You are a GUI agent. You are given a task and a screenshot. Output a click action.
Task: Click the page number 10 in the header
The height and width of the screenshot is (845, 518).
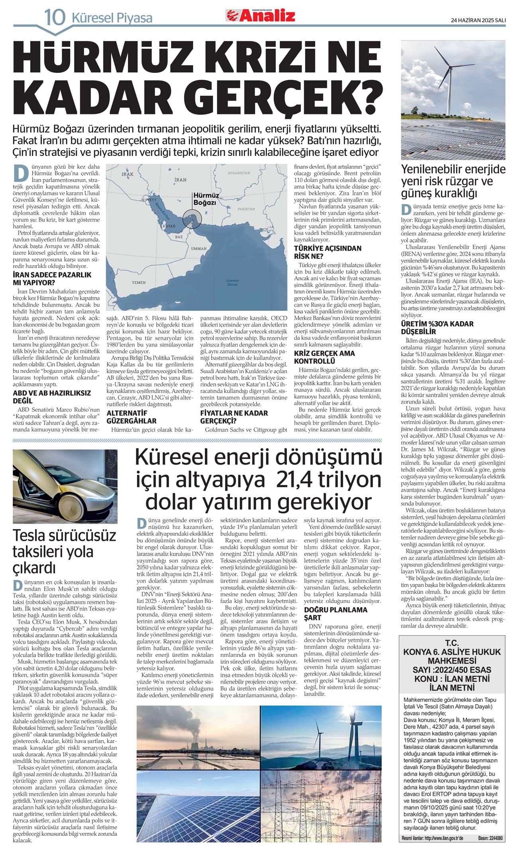click(55, 17)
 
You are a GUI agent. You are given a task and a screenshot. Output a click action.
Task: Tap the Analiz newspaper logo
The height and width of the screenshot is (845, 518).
click(261, 16)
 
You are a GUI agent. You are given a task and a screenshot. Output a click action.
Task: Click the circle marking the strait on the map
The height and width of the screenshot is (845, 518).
click(190, 219)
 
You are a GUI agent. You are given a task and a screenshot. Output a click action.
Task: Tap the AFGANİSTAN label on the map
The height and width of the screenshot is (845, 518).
click(239, 173)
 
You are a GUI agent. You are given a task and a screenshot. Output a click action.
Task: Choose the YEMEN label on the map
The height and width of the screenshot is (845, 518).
click(139, 282)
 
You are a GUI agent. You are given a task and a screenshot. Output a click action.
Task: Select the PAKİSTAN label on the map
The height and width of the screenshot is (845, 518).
click(246, 209)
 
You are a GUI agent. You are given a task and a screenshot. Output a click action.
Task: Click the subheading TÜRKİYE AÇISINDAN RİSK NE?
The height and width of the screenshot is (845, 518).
click(328, 252)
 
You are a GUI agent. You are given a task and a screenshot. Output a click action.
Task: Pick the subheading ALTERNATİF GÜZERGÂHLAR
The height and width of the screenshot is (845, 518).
click(131, 417)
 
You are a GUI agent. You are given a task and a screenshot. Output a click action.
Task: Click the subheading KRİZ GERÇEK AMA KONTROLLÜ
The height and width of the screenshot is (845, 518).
click(324, 357)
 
